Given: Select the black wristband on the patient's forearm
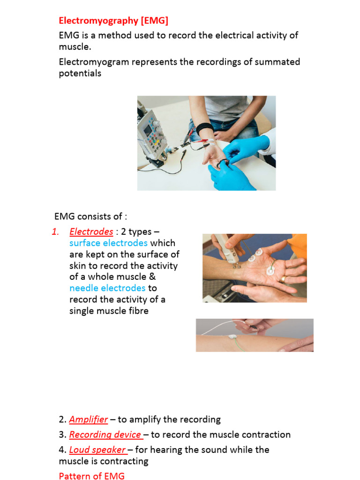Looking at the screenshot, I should coord(205,128).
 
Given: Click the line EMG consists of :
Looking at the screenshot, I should coord(90,216).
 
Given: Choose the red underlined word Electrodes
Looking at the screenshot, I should coord(91,232).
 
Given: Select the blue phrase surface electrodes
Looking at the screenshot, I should coord(108,243).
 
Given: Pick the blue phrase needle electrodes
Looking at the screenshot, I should coord(107,288).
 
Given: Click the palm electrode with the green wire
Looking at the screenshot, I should coord(271,270).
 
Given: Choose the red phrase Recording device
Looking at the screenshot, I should coord(105,435).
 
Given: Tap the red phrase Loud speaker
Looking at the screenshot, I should coord(97,450).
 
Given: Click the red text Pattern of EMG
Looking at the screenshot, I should coord(91,476).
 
